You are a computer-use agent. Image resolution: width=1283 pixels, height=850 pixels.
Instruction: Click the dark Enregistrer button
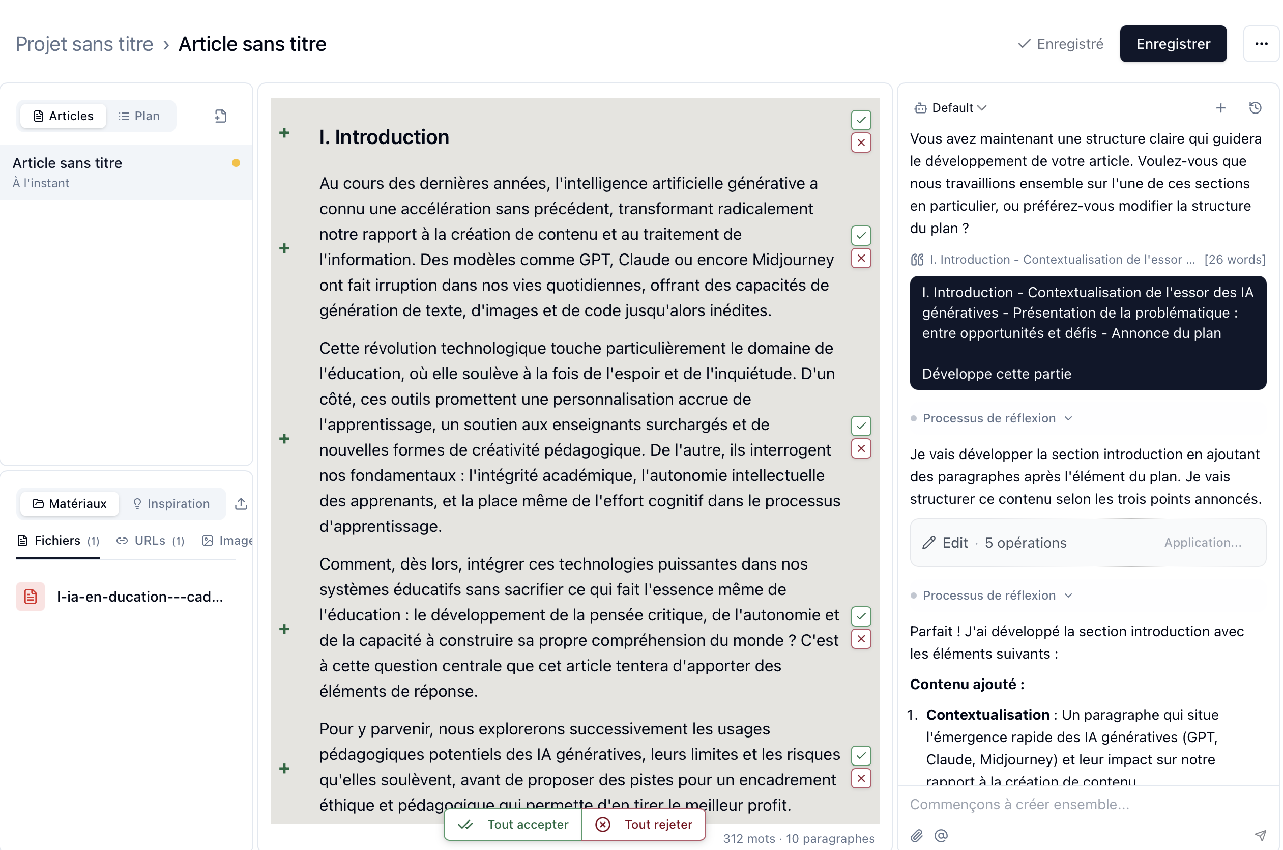(1173, 44)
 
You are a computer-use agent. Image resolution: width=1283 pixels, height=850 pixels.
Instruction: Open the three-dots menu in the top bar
(1261, 44)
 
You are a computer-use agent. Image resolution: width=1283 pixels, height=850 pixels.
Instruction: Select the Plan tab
(139, 116)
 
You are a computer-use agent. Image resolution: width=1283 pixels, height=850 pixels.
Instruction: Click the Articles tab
(64, 116)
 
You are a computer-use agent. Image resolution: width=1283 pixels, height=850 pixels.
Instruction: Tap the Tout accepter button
(513, 824)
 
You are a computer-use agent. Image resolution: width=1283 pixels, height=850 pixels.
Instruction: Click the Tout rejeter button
(644, 824)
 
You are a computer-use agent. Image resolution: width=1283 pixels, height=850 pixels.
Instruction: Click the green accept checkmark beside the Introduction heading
(860, 120)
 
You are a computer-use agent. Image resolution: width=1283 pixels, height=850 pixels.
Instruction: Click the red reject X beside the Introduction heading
(860, 143)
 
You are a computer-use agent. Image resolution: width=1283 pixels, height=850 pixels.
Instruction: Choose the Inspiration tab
(171, 503)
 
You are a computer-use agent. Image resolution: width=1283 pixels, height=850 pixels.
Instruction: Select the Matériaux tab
(69, 503)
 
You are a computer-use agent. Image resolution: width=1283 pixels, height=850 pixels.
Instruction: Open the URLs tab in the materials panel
(150, 541)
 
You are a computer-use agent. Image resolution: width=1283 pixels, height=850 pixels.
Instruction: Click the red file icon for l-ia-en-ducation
(31, 597)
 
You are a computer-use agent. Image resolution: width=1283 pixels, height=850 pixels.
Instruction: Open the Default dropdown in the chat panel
(951, 108)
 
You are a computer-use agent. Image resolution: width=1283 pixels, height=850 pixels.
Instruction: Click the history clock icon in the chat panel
(1255, 108)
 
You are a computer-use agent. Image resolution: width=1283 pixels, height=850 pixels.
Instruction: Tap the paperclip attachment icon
(916, 835)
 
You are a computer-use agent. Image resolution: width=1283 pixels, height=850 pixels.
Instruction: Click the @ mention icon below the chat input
(941, 835)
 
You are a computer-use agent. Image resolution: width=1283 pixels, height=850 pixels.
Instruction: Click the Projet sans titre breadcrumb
(84, 44)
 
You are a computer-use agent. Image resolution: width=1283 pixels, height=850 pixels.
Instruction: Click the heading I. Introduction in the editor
(384, 137)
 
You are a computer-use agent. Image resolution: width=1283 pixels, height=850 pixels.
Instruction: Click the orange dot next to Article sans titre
(236, 163)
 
